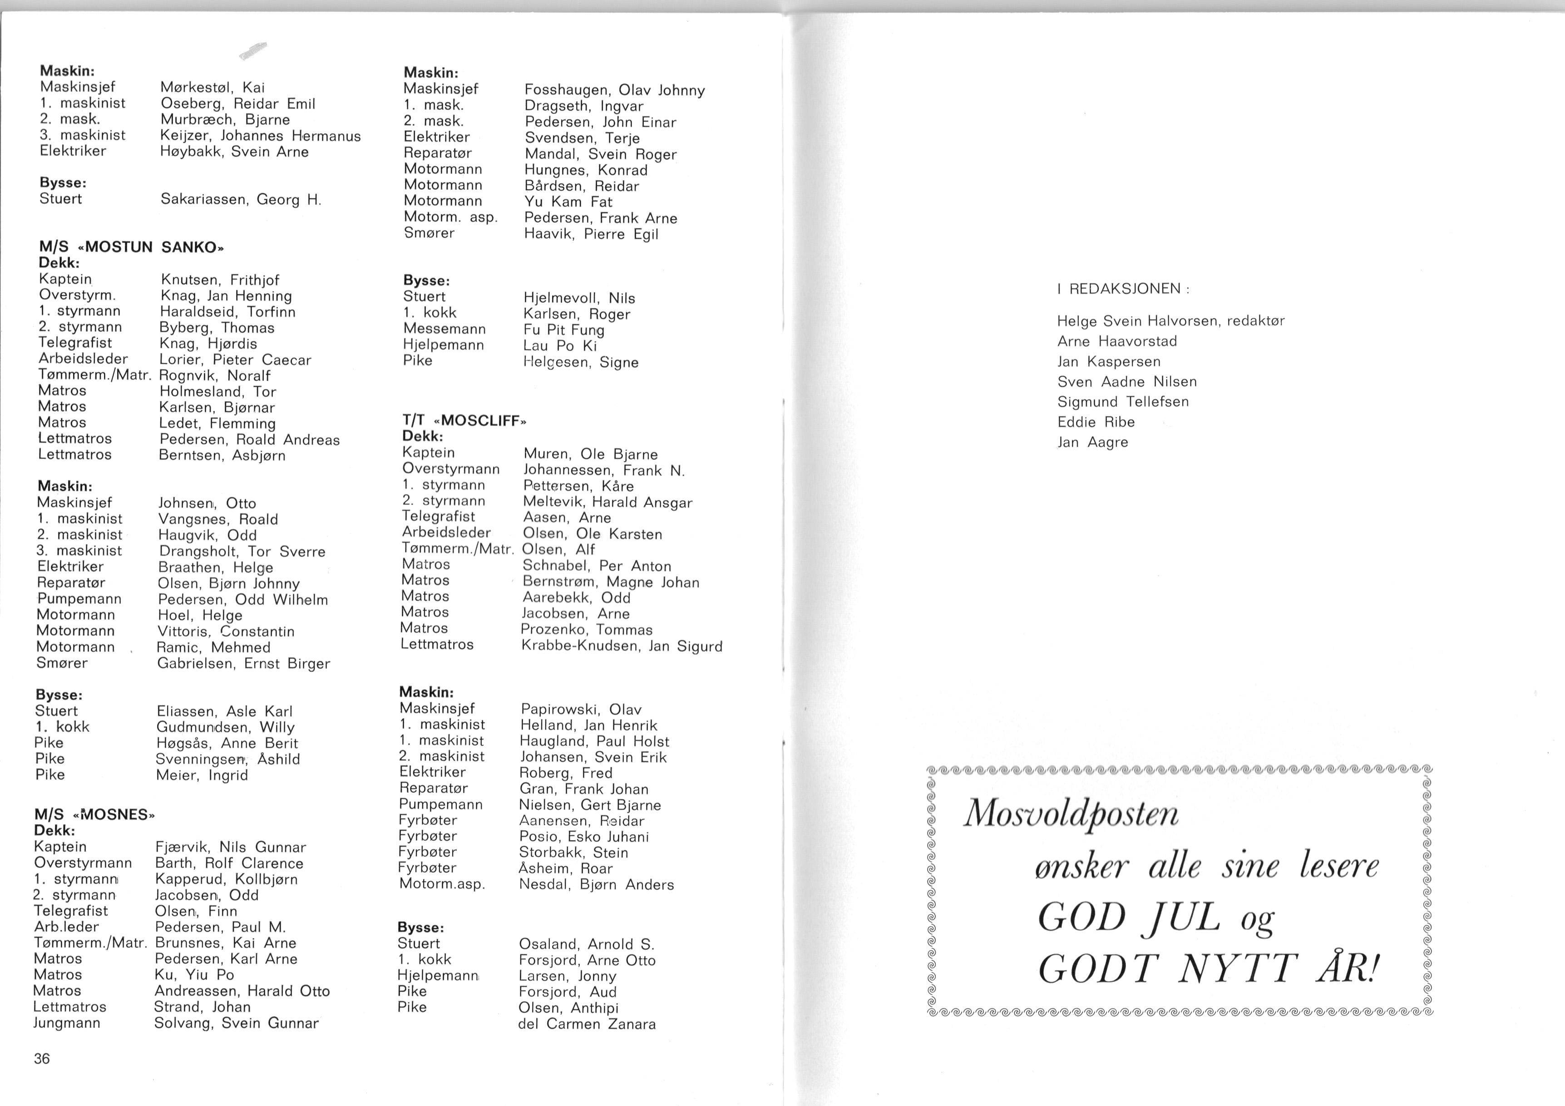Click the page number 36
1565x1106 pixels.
(42, 1058)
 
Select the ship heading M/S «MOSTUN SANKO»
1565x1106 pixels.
(132, 247)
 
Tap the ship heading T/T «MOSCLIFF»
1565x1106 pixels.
(464, 420)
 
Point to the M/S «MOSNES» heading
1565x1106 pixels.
(95, 815)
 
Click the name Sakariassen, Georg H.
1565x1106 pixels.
(241, 200)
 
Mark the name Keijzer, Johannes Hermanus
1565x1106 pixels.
(260, 136)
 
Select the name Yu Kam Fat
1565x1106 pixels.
(568, 202)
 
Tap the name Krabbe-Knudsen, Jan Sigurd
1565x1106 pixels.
(621, 646)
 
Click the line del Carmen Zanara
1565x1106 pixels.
(586, 1023)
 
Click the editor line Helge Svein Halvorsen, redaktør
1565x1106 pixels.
(1170, 321)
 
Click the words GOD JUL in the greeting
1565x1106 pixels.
(1128, 918)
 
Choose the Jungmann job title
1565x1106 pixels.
(67, 1023)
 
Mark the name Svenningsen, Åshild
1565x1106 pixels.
(227, 759)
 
